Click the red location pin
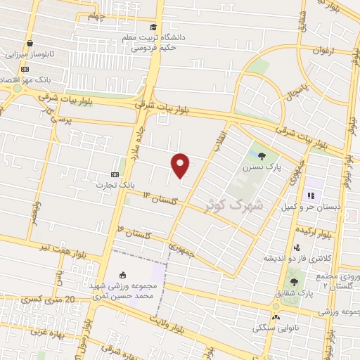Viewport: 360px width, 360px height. click(x=181, y=165)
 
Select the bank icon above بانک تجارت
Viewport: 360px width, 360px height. click(x=116, y=174)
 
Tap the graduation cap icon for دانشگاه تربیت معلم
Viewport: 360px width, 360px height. click(x=153, y=27)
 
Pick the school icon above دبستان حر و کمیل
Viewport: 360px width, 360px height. click(x=309, y=195)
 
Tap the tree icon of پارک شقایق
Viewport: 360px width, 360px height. click(x=294, y=282)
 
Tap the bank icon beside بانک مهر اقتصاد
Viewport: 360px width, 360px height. click(x=25, y=69)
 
